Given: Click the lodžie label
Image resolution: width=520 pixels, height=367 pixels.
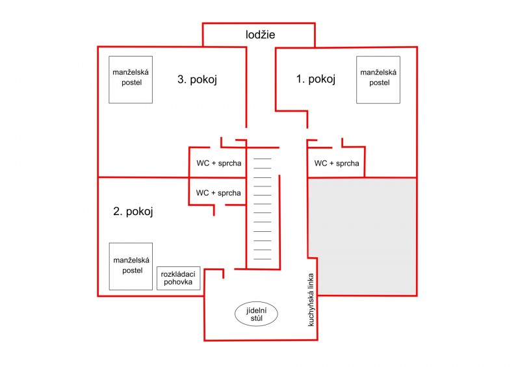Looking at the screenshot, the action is pos(261,34).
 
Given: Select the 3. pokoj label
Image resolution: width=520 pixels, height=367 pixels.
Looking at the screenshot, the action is pos(198,79).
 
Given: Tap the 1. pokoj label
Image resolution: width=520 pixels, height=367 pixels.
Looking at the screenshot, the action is pos(316,79).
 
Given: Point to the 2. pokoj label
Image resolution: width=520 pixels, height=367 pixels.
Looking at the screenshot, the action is pos(133,212).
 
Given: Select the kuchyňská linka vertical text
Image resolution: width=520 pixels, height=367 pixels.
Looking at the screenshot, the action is pos(311,299).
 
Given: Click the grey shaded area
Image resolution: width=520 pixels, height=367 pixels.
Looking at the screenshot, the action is pos(363,236).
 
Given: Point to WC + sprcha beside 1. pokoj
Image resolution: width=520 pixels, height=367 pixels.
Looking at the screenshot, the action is pos(337,163).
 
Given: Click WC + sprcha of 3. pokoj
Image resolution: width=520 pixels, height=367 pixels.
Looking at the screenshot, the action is pos(219,163).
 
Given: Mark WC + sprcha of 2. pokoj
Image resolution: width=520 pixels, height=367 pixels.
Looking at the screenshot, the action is pos(218,193).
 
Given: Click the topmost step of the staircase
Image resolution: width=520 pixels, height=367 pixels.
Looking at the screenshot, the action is pos(263,158).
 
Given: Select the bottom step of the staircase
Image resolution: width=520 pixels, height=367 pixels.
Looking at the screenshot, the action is pos(263,259).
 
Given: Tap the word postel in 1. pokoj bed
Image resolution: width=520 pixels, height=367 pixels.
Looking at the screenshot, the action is pos(380,82).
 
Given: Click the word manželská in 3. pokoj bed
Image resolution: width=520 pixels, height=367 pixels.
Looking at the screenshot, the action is pos(131,72).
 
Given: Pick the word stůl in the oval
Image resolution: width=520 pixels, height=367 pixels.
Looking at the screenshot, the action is pos(257,318).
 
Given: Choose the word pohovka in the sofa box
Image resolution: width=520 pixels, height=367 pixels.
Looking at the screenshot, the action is pos(178,282).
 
